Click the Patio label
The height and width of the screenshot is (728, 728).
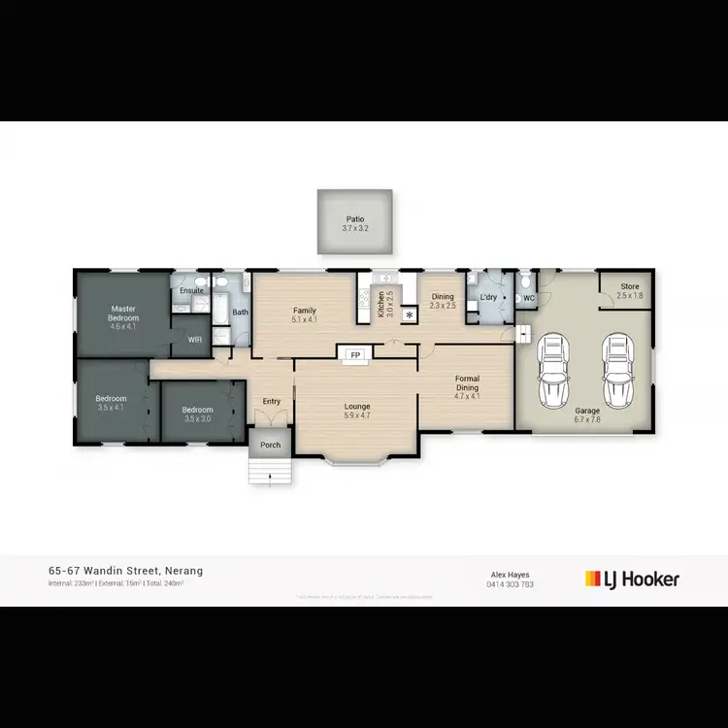[354, 220]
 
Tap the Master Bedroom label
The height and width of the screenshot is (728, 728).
[124, 314]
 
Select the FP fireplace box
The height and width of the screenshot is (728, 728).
[355, 355]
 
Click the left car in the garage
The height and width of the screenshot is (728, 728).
[554, 371]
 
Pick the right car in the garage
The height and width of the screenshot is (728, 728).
[616, 371]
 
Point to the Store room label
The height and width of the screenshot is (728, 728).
[630, 285]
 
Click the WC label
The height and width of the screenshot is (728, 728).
[529, 298]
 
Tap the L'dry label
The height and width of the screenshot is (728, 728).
[488, 296]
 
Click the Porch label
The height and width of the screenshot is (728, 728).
[270, 446]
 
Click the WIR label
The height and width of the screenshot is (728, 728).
[194, 340]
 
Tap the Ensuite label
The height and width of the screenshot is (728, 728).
[191, 290]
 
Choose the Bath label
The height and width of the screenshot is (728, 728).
[240, 313]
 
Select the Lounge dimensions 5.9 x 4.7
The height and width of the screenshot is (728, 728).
[357, 415]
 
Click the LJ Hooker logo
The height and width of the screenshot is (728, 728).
[632, 579]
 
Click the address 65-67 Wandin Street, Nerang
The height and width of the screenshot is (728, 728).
[125, 571]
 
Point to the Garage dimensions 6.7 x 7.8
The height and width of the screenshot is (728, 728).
[586, 419]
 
